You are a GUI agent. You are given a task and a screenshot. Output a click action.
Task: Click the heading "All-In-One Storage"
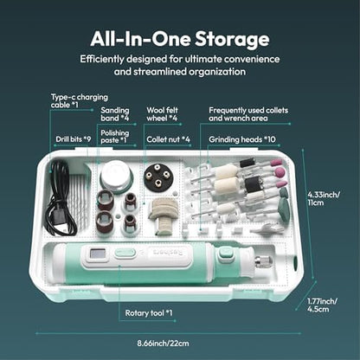(x=180, y=39)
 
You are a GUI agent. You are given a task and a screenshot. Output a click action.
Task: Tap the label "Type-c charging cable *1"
(x=80, y=100)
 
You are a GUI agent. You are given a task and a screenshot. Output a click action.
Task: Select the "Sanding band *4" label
(x=115, y=114)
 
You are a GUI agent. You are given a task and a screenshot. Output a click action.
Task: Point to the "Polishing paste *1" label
(x=115, y=137)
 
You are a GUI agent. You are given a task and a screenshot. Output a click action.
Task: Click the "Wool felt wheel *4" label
(x=162, y=114)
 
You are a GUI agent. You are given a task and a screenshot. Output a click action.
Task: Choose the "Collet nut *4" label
(x=168, y=139)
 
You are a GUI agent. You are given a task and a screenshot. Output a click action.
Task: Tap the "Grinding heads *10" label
(x=242, y=139)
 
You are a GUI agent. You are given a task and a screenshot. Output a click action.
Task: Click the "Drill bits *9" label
(x=74, y=139)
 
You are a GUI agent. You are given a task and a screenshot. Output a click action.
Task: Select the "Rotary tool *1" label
(x=149, y=313)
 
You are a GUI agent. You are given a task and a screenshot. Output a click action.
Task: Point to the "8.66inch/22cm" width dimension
(x=163, y=344)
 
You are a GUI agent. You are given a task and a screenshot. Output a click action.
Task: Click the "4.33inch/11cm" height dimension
(x=324, y=198)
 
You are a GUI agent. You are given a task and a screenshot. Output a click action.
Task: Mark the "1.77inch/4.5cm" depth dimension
(x=322, y=305)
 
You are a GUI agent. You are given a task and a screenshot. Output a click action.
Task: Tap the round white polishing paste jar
(x=116, y=176)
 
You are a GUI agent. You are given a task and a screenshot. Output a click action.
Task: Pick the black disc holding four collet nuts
(x=157, y=176)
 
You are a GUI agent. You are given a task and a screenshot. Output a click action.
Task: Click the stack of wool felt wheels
(x=163, y=214)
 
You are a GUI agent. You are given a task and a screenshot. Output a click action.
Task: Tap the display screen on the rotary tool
(x=98, y=254)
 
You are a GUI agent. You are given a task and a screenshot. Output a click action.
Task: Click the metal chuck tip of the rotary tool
(x=263, y=261)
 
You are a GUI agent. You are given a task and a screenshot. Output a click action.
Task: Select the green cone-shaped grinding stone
(x=284, y=205)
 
